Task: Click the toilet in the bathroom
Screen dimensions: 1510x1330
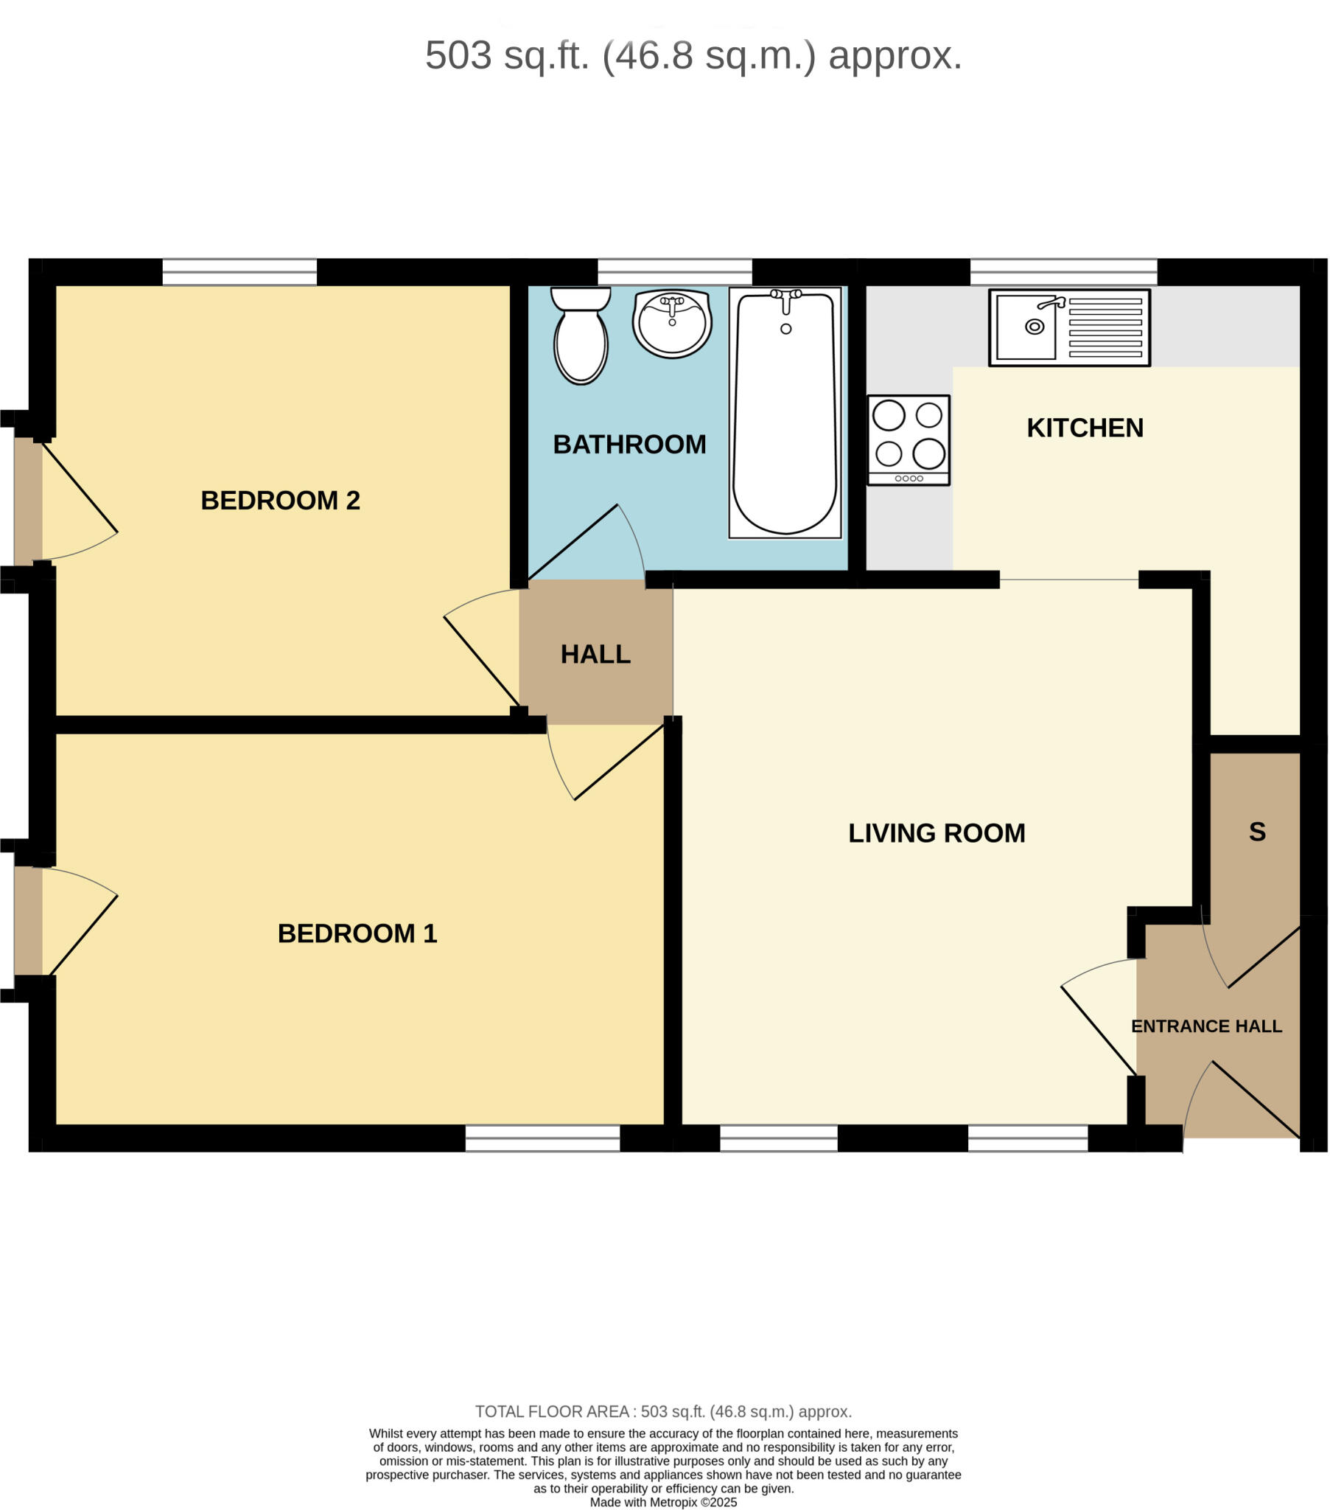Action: pyautogui.click(x=581, y=336)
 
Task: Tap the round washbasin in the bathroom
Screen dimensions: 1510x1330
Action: pyautogui.click(x=671, y=324)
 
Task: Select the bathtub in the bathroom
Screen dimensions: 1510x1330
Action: pyautogui.click(x=784, y=414)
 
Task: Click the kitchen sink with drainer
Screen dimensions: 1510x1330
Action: pyautogui.click(x=1068, y=327)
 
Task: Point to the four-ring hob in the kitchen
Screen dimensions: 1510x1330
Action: pyautogui.click(x=908, y=439)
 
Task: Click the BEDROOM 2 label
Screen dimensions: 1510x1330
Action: pyautogui.click(x=280, y=500)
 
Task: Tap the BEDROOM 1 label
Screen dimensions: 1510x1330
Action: pyautogui.click(x=357, y=933)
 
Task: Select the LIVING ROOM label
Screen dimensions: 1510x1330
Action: pyautogui.click(x=936, y=832)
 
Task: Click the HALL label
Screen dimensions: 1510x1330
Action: pyautogui.click(x=595, y=654)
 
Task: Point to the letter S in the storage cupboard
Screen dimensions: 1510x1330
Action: pyautogui.click(x=1257, y=832)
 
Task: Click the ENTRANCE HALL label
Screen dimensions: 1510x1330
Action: pyautogui.click(x=1206, y=1026)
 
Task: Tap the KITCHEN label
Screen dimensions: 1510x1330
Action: pyautogui.click(x=1084, y=428)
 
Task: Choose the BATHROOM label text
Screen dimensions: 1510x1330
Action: pyautogui.click(x=629, y=444)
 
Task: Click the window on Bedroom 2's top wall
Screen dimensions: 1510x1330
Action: pyautogui.click(x=239, y=272)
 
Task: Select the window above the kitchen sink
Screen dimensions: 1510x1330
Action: pyautogui.click(x=1063, y=272)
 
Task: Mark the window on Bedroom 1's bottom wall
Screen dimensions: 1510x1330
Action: pyautogui.click(x=542, y=1138)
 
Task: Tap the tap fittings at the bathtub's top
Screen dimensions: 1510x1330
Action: pyautogui.click(x=785, y=296)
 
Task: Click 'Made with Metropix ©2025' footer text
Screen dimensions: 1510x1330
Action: pyautogui.click(x=662, y=1502)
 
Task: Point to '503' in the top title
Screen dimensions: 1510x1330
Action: pyautogui.click(x=458, y=55)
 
